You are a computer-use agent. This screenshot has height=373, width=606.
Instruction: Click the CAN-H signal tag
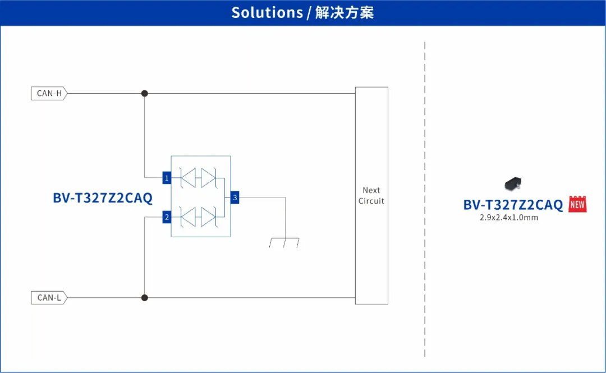point(49,94)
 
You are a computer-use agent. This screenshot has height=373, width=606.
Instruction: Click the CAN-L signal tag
point(49,298)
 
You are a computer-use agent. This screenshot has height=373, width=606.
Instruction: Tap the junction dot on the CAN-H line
point(144,93)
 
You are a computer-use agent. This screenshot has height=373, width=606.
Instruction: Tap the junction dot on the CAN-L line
point(144,297)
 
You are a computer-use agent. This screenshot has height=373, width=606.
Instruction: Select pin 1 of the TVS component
point(167,178)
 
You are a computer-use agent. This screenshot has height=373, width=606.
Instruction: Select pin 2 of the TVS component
point(167,217)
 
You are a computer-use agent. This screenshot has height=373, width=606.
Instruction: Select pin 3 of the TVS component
point(235,197)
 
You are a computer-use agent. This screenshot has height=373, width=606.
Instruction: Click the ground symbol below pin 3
point(284,243)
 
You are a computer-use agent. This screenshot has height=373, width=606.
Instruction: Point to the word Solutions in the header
point(267,12)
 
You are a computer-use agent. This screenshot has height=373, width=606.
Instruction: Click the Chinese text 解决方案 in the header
point(345,12)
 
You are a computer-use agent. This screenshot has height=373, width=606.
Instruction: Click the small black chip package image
point(513,183)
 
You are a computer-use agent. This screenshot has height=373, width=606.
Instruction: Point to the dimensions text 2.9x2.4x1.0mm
point(508,217)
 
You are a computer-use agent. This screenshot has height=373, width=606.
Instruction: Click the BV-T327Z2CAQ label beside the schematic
point(103,198)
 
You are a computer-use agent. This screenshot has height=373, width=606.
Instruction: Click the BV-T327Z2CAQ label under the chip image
point(513,205)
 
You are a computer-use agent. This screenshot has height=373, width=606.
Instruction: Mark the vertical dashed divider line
point(425,196)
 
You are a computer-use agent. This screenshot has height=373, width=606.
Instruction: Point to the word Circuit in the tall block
point(371,201)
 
